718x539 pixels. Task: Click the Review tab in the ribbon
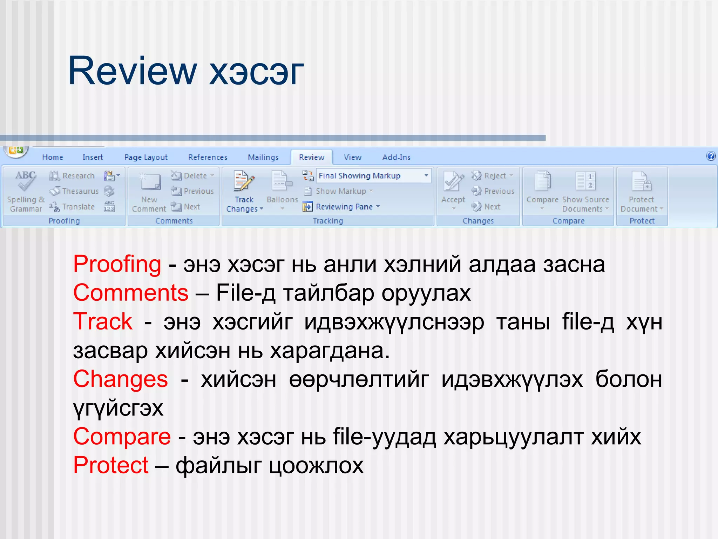click(x=311, y=157)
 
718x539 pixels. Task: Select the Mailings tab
click(x=263, y=157)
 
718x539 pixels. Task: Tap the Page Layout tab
click(x=146, y=157)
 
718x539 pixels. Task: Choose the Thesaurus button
click(x=75, y=191)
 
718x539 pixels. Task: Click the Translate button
click(x=73, y=207)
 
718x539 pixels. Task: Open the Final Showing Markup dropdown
click(x=426, y=175)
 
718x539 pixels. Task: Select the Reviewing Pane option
click(x=344, y=207)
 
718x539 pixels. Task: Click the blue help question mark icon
click(x=711, y=156)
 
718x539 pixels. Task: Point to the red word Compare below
click(x=122, y=437)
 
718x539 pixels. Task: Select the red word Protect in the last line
click(x=111, y=465)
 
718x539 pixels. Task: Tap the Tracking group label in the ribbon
click(x=328, y=221)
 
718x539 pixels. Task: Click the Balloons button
click(x=282, y=189)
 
